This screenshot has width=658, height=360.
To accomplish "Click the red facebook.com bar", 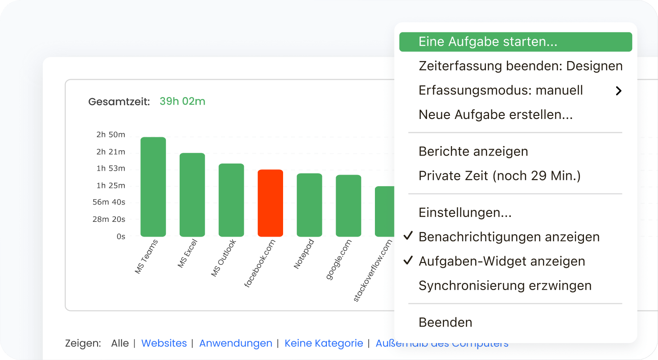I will click(x=270, y=203).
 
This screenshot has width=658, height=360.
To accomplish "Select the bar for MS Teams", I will click(x=153, y=187).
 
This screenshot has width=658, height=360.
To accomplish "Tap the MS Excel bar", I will click(x=192, y=195).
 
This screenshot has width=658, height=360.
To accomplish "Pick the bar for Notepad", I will click(x=309, y=205).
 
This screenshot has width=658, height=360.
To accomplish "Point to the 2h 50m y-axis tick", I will click(x=111, y=135).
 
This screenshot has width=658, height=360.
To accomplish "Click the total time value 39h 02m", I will click(x=182, y=102).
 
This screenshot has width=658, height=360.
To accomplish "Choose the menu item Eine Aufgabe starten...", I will click(x=488, y=42).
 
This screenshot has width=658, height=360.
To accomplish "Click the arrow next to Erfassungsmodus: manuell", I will click(x=618, y=91).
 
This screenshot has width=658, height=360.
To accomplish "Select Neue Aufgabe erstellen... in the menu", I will click(x=495, y=115).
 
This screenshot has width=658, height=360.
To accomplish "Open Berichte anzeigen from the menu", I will click(x=473, y=151).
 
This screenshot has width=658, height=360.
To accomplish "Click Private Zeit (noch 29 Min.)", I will click(x=499, y=176).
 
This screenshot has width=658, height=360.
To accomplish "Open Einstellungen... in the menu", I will click(x=465, y=213).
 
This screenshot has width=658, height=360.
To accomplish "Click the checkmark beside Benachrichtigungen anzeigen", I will click(x=407, y=236).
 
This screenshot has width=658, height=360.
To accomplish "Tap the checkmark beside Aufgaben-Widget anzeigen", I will click(x=407, y=261).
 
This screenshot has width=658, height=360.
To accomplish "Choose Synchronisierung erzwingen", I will click(x=505, y=286).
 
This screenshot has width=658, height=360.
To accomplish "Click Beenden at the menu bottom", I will click(x=445, y=322).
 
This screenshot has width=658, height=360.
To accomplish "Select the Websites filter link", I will click(x=164, y=344).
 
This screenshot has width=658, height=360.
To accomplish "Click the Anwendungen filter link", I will click(x=235, y=344).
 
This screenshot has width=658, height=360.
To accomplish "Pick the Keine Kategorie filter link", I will click(x=324, y=344).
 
